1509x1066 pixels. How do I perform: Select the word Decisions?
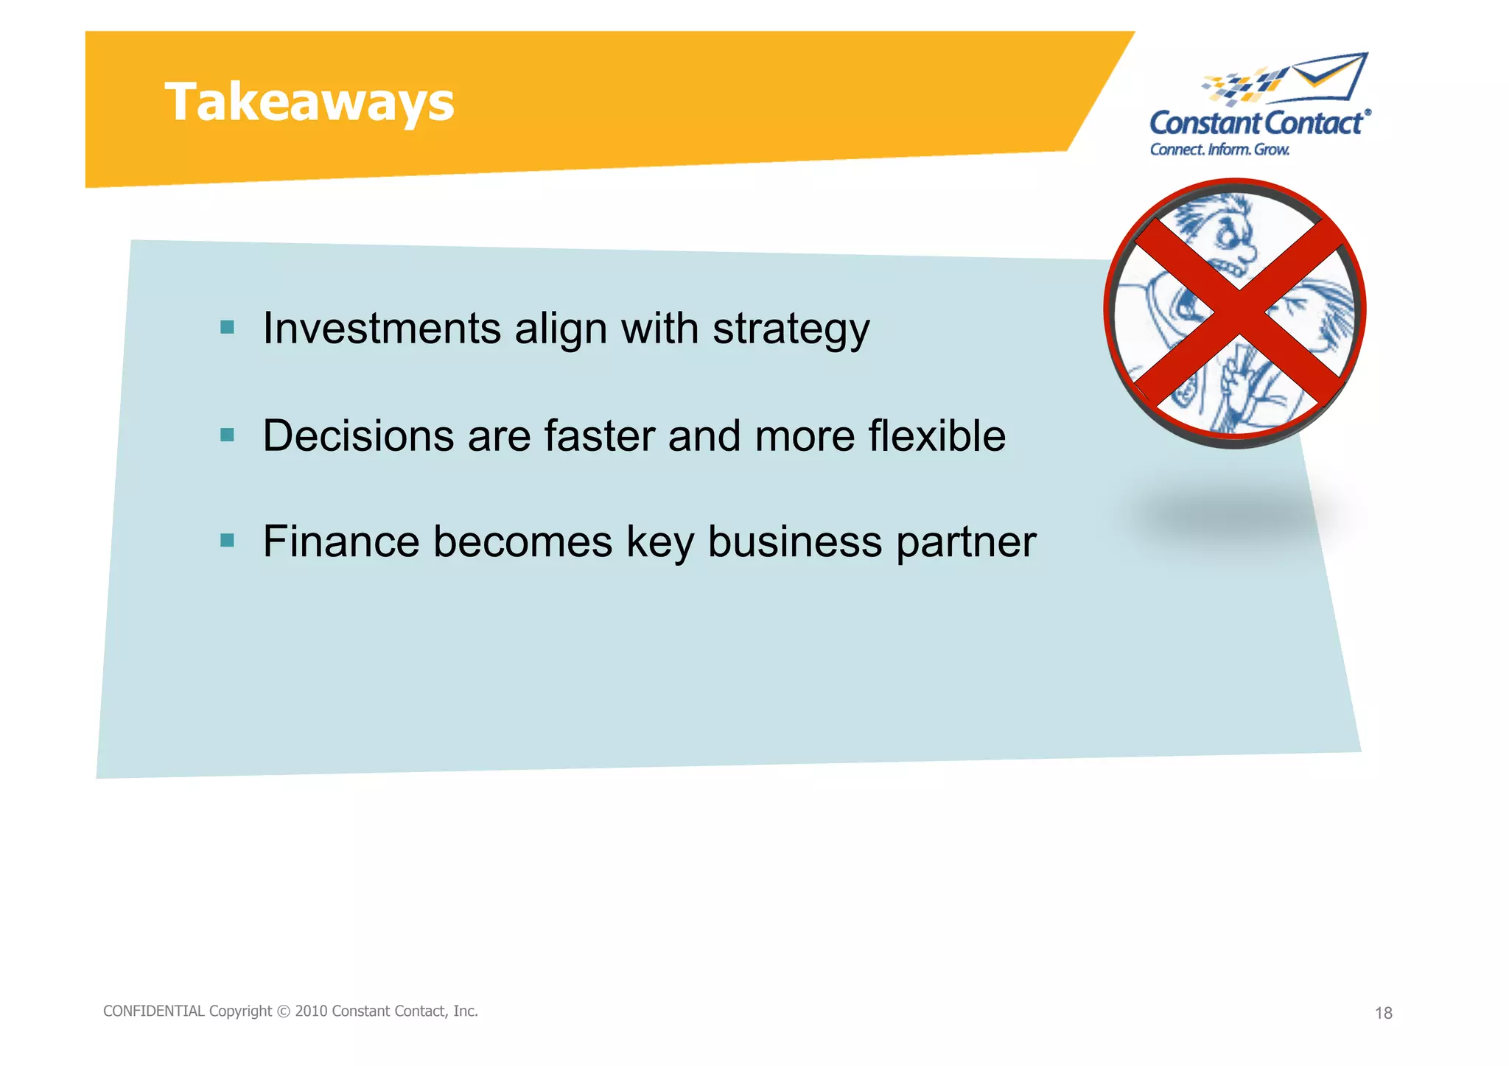pos(358,435)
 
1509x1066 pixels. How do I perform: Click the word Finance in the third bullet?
pos(341,541)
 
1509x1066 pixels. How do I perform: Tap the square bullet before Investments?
pos(227,327)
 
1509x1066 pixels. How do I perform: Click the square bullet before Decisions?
pos(227,435)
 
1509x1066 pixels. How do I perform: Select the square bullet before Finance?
pos(227,541)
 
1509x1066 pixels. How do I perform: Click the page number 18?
pos(1383,1014)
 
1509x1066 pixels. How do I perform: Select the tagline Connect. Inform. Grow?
pos(1219,150)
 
